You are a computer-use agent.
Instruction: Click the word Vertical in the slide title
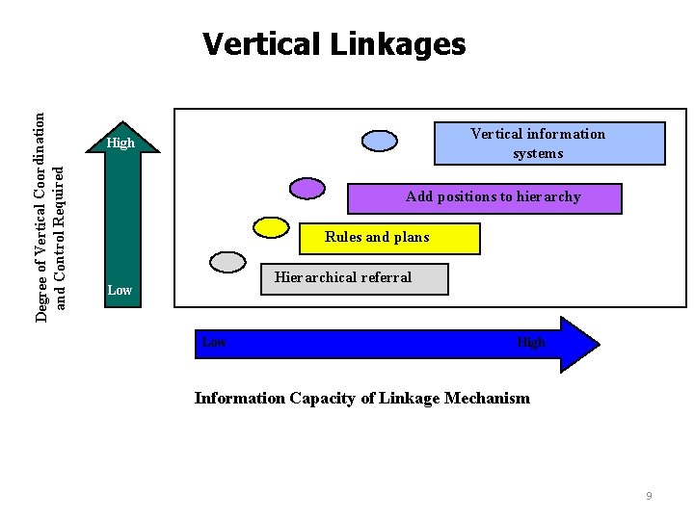(254, 44)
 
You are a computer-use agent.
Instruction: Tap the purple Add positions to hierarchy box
(484, 197)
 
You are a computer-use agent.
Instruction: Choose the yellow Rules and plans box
(402, 238)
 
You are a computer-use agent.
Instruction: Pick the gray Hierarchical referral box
(355, 278)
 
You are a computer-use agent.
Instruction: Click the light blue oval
(380, 141)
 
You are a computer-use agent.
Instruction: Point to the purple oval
(307, 188)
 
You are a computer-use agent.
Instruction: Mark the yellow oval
(271, 226)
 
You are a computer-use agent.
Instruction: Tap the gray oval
(228, 261)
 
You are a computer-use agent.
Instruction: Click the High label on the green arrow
(120, 143)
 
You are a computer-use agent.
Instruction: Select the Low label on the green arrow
(120, 290)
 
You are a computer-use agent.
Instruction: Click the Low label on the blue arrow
(214, 342)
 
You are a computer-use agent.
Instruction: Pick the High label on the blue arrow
(531, 342)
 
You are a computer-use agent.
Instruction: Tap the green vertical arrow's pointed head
(120, 129)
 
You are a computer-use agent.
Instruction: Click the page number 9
(649, 496)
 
